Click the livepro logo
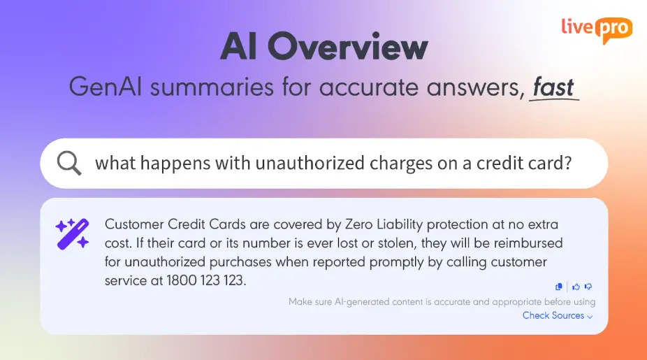(x=597, y=29)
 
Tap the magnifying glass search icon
(x=69, y=163)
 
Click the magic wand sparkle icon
(x=73, y=233)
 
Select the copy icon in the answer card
(x=559, y=286)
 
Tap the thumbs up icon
(x=576, y=286)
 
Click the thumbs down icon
(x=588, y=286)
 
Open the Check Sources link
(x=553, y=315)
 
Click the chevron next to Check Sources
(x=590, y=317)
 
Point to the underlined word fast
(x=553, y=87)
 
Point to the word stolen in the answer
(x=379, y=243)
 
